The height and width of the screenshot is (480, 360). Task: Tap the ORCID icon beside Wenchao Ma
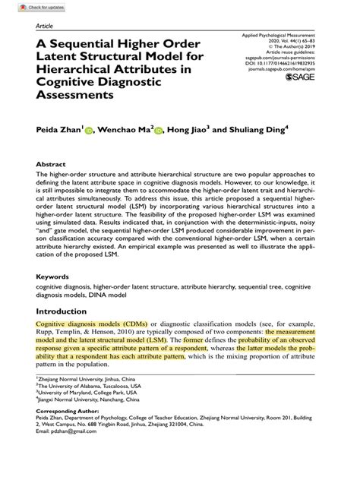[x=159, y=130]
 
